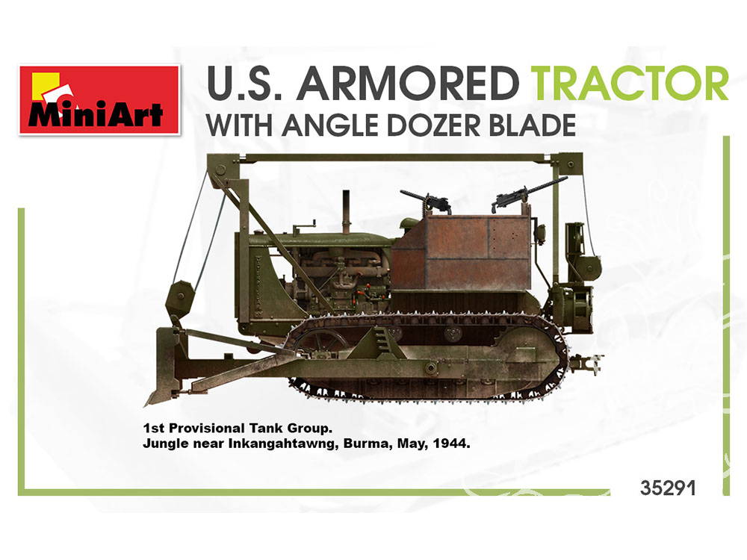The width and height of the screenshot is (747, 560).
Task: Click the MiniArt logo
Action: coord(99,100)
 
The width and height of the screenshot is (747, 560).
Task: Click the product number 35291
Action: coord(668,488)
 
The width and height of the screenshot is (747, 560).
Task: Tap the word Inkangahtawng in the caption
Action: coord(283,444)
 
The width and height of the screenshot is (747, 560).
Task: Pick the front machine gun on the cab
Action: coord(427,201)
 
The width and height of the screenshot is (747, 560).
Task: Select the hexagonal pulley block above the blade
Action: coord(179,298)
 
